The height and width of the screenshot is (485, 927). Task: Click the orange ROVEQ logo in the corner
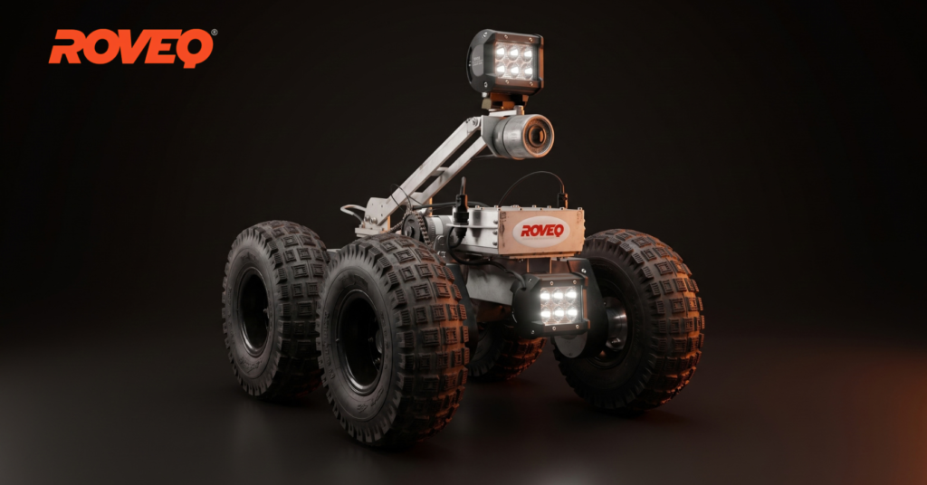(x=130, y=47)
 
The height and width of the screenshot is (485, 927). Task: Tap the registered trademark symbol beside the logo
(x=214, y=33)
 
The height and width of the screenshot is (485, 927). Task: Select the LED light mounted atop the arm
(x=506, y=62)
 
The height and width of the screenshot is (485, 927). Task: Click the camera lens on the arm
(x=537, y=136)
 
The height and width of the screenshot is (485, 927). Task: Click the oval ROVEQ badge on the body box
(x=541, y=231)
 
